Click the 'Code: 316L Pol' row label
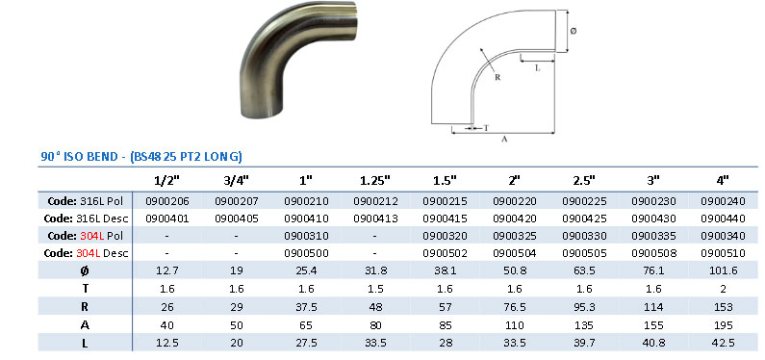coord(87,200)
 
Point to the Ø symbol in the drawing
coord(574,32)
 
